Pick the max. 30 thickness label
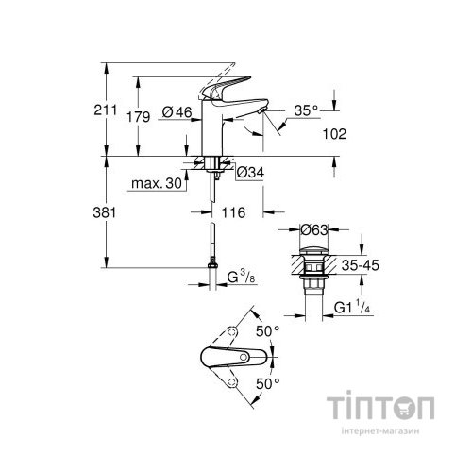[159, 184]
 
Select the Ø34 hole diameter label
[248, 173]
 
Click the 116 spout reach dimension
[234, 213]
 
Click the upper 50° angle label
[267, 330]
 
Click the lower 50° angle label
[267, 387]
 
